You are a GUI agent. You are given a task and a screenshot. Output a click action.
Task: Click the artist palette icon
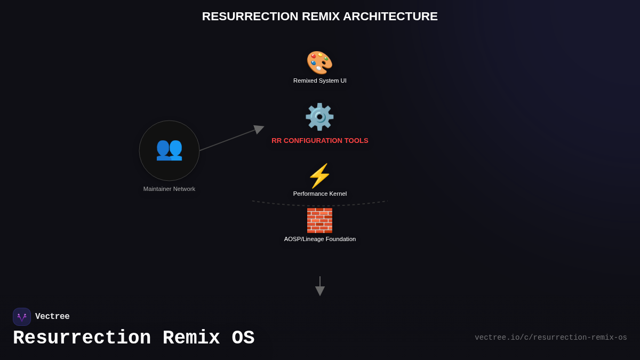coord(319,62)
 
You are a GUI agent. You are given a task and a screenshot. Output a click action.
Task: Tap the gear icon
coord(319,117)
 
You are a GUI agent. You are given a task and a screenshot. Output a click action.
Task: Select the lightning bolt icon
coord(319,176)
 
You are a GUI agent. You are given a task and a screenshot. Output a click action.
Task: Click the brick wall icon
coord(319,220)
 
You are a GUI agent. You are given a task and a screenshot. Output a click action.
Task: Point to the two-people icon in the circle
coord(169,149)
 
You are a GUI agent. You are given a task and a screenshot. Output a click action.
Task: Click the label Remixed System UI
coord(319,81)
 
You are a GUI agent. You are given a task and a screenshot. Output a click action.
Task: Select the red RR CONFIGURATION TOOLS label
coord(319,141)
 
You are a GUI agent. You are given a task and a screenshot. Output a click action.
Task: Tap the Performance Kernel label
coord(319,194)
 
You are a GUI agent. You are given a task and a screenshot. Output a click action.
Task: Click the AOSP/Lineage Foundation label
coord(319,239)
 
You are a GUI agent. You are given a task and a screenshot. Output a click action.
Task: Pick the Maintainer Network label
coord(169,189)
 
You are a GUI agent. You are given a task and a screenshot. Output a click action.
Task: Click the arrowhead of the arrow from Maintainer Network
coord(259,129)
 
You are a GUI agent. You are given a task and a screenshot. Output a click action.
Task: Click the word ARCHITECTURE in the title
coord(390,17)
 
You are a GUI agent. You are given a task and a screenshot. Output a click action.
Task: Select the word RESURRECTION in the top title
coord(250,17)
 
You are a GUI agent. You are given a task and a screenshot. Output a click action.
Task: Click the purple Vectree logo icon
coord(22,317)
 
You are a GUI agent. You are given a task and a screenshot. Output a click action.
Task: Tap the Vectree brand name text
coord(52,317)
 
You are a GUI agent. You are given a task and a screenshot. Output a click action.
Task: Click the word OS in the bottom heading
coord(243,338)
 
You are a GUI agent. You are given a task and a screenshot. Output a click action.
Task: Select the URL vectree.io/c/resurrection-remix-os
coord(550,338)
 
